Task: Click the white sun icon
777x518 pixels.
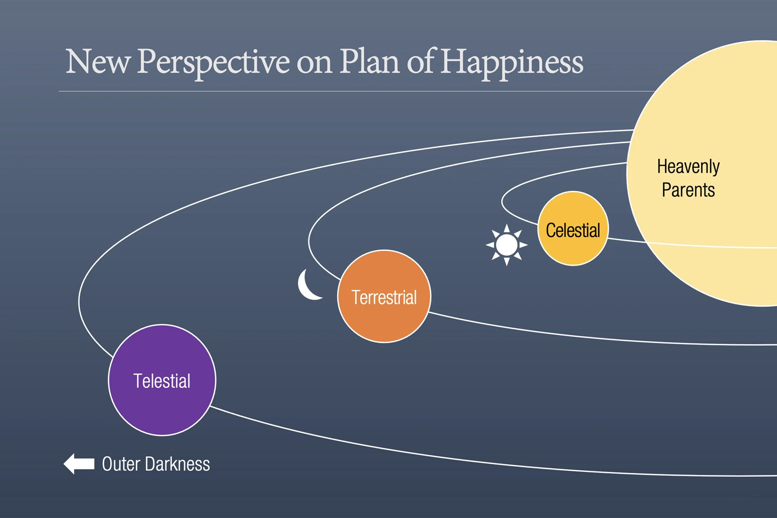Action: [506, 245]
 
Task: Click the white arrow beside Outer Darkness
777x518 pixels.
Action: [79, 464]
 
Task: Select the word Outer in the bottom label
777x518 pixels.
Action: [121, 464]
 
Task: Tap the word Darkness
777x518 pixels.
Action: [177, 464]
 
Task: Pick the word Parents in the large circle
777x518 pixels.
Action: [688, 190]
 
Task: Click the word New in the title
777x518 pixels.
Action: [98, 62]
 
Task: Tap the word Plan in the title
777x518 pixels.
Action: [370, 62]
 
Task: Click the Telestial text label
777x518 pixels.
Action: [162, 381]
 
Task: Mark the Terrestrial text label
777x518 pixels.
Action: [384, 297]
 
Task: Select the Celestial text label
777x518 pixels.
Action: [573, 230]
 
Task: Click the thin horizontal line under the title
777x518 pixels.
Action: [330, 91]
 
